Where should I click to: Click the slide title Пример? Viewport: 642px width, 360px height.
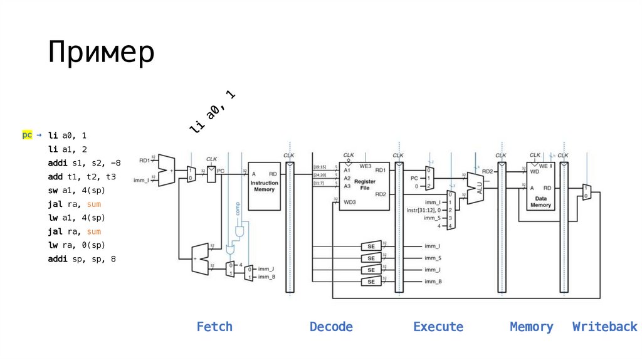100,53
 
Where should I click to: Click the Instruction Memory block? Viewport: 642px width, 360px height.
264,186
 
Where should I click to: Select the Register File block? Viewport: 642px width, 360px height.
364,185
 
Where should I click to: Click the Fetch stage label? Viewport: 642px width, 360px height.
214,327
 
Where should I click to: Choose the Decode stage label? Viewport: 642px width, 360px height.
331,327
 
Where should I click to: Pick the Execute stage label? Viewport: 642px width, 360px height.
438,327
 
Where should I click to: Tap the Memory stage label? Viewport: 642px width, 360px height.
532,327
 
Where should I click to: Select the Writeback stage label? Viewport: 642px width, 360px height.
604,327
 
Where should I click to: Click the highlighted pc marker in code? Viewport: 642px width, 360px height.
27,135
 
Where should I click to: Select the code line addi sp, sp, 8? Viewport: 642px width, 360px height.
82,259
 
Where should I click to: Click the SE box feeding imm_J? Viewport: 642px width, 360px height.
371,270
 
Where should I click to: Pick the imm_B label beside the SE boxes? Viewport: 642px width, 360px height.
433,282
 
